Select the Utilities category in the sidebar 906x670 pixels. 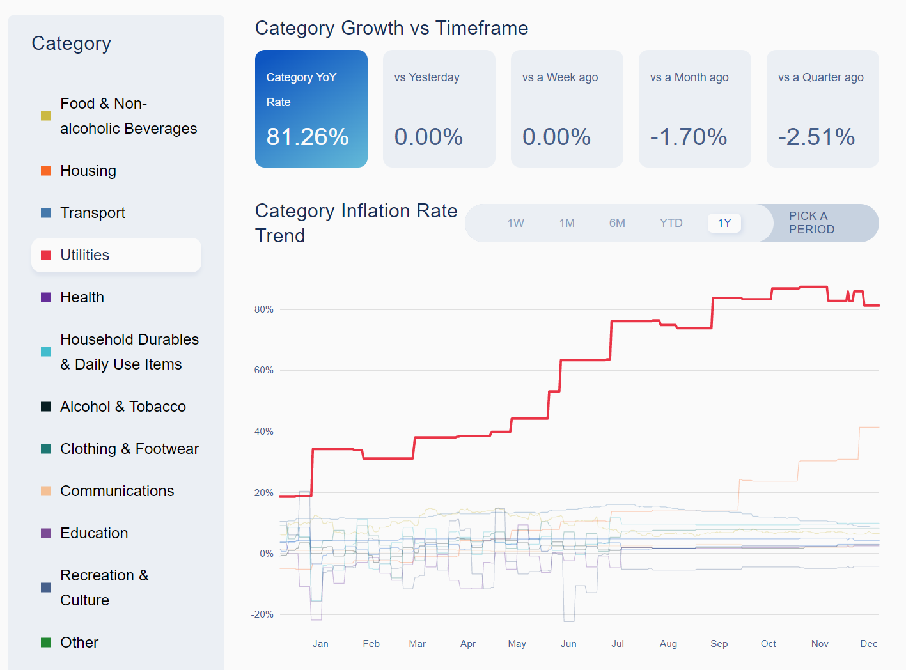[85, 255]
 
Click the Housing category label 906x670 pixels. [88, 171]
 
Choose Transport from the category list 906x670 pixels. [93, 213]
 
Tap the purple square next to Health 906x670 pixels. [46, 297]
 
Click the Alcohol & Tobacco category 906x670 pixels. [123, 407]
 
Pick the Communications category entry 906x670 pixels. [117, 491]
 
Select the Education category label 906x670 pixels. [94, 533]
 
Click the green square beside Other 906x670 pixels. [46, 643]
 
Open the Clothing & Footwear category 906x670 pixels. [129, 449]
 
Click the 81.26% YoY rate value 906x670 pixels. [308, 137]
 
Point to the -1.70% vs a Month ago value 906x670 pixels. [689, 137]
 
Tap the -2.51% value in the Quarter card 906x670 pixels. [816, 137]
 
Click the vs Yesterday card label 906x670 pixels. [426, 77]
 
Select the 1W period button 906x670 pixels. [515, 223]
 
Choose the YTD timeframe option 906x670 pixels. [671, 223]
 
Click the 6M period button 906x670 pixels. [617, 223]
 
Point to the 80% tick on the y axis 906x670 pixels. [263, 309]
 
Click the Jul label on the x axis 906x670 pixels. [618, 644]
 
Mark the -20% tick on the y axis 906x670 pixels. [262, 614]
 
